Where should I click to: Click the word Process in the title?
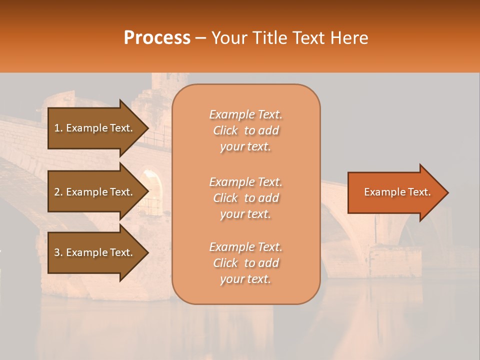157,38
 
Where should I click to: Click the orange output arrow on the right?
395,192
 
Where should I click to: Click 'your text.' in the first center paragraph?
245,147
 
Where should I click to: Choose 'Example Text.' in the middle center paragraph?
245,181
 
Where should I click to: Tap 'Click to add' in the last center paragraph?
245,263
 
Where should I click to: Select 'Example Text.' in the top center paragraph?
245,114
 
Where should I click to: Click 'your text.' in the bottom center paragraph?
245,279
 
